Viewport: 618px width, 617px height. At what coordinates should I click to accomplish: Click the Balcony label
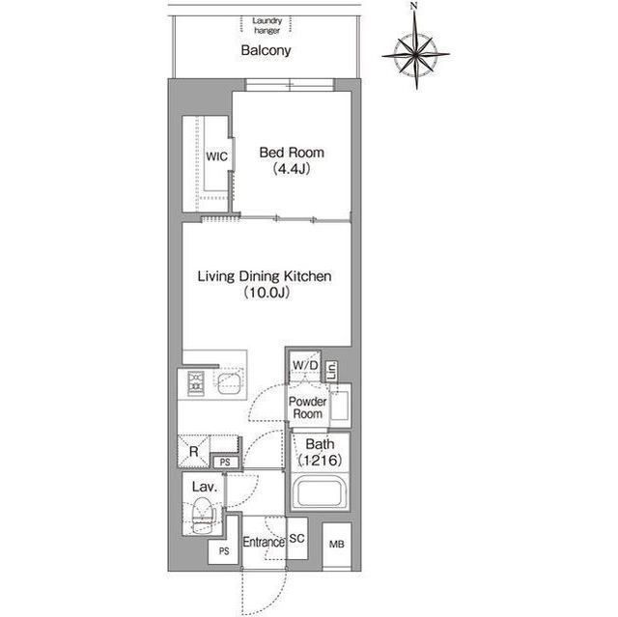(x=267, y=50)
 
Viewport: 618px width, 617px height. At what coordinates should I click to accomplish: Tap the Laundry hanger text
(x=267, y=26)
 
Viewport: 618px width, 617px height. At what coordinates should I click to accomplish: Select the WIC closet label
(x=216, y=156)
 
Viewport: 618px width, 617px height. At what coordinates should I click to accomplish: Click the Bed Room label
(x=292, y=153)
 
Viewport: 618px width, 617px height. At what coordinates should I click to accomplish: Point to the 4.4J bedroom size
(x=292, y=169)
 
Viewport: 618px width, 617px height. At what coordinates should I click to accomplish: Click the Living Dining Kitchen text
(x=265, y=276)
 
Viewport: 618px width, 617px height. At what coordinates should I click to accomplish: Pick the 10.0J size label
(x=267, y=293)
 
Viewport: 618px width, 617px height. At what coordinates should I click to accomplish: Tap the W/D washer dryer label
(x=305, y=365)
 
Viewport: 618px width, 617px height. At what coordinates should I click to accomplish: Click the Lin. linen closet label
(x=331, y=371)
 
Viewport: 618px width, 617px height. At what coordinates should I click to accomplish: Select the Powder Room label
(x=307, y=407)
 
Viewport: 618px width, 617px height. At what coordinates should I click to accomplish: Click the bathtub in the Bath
(x=320, y=492)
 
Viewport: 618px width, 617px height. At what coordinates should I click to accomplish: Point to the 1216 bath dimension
(x=320, y=461)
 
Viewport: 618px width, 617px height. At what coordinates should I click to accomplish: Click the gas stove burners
(x=196, y=383)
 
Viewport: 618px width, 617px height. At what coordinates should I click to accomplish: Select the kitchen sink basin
(x=230, y=382)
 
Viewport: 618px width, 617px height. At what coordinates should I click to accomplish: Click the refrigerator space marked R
(x=193, y=451)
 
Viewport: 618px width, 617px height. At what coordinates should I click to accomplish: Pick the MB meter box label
(x=337, y=545)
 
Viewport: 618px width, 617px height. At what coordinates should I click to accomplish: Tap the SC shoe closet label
(x=296, y=538)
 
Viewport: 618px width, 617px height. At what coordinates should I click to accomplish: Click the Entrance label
(x=264, y=543)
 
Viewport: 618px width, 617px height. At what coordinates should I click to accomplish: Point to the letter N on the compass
(x=413, y=6)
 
